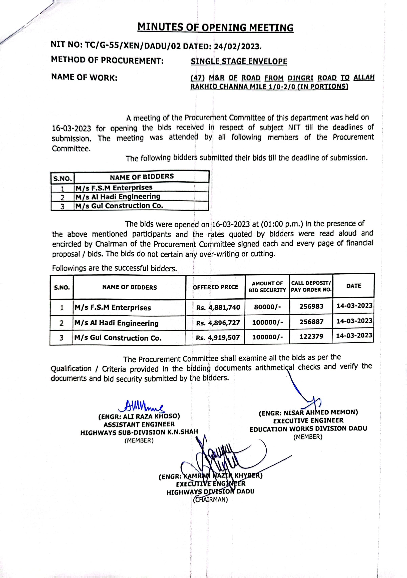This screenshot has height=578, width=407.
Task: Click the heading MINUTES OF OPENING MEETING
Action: point(215,27)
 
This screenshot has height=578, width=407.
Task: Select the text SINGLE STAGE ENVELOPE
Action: point(239,61)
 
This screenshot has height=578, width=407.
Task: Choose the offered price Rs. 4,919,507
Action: point(218,337)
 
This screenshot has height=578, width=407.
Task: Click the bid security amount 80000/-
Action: point(268,307)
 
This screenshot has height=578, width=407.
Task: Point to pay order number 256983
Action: point(311,306)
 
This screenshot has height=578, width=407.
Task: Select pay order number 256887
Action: point(311,322)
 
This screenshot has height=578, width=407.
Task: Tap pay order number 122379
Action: point(311,337)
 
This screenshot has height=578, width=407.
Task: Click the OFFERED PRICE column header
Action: point(215,287)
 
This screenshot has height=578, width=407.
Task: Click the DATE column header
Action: point(354,286)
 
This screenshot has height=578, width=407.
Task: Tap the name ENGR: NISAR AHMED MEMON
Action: point(308,412)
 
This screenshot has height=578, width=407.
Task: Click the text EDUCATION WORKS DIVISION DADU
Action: point(308,429)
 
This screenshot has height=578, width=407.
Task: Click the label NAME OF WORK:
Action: point(84,77)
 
